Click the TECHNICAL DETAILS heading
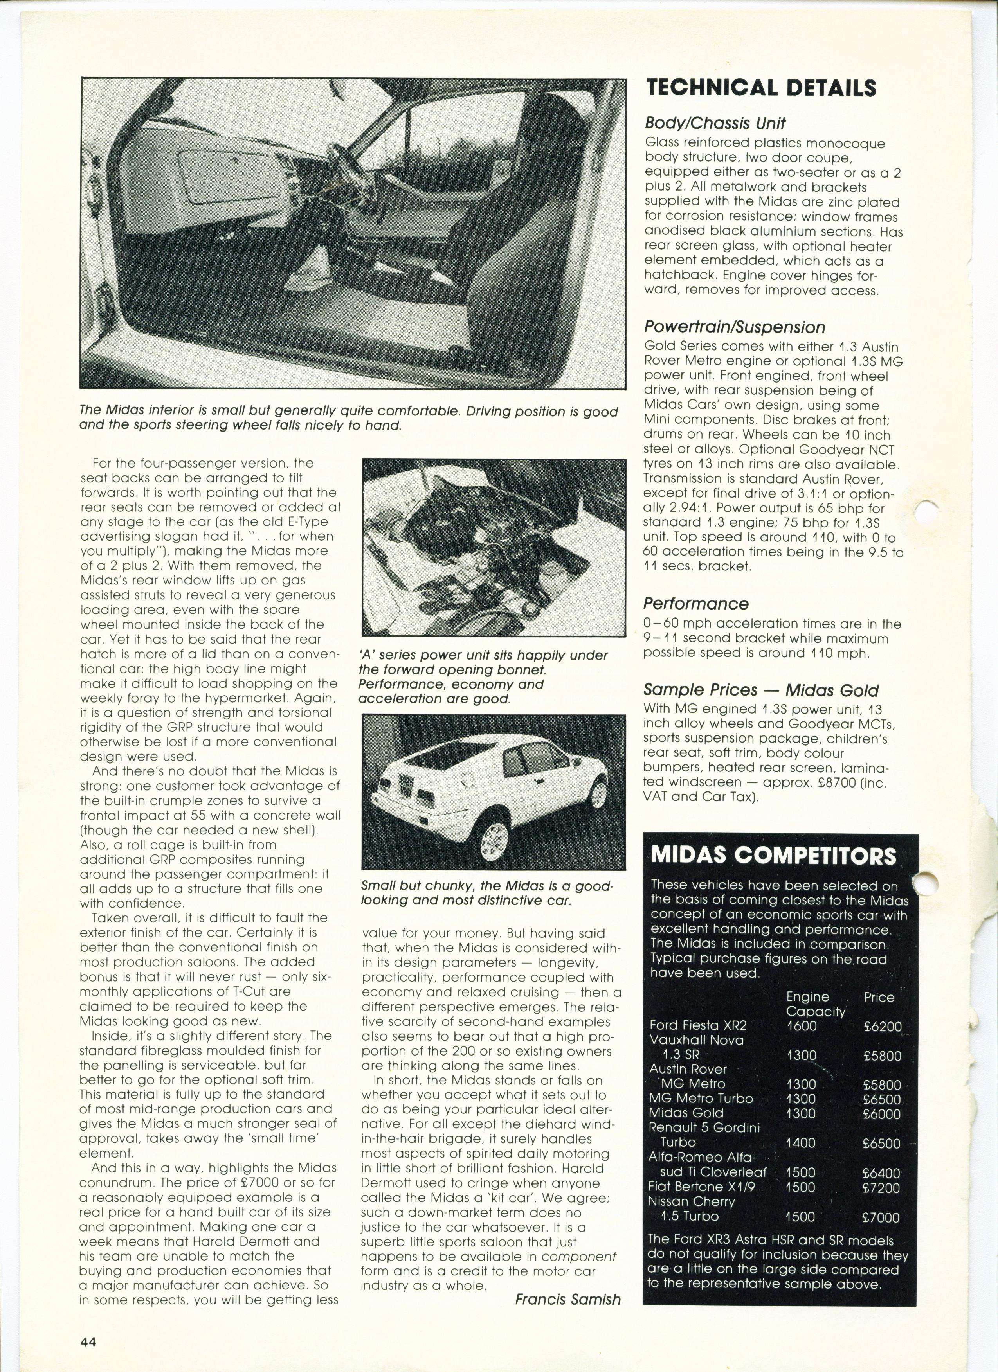click(761, 88)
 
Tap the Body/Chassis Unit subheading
click(714, 123)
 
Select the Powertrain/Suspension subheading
click(733, 327)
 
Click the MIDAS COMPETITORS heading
click(773, 856)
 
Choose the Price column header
click(879, 997)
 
